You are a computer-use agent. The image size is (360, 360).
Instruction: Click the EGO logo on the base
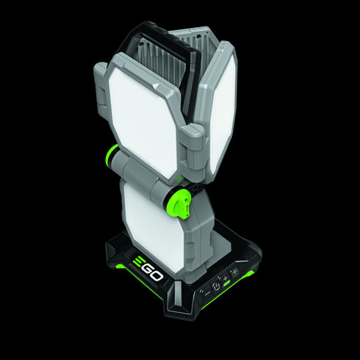point(151,267)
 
